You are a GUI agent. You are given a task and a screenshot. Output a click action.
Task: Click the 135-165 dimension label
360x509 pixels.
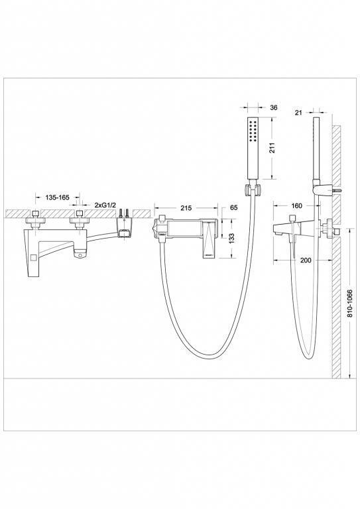click(57, 198)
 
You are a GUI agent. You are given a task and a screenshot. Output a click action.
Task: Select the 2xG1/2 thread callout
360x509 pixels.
click(105, 205)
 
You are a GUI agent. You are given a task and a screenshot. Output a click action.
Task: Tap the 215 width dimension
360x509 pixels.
click(186, 208)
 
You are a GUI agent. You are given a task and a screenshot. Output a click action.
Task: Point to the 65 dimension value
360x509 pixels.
click(233, 207)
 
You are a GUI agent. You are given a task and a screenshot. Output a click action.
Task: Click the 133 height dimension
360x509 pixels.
click(231, 239)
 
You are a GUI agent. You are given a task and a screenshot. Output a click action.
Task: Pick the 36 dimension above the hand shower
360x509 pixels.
click(274, 107)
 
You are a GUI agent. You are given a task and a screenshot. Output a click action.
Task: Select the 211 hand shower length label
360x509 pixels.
click(272, 148)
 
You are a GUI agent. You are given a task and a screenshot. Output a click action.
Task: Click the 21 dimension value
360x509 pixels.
click(298, 113)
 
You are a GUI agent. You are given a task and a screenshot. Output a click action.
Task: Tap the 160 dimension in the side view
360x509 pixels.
click(297, 206)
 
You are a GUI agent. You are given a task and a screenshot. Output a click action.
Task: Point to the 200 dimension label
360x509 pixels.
click(306, 260)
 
